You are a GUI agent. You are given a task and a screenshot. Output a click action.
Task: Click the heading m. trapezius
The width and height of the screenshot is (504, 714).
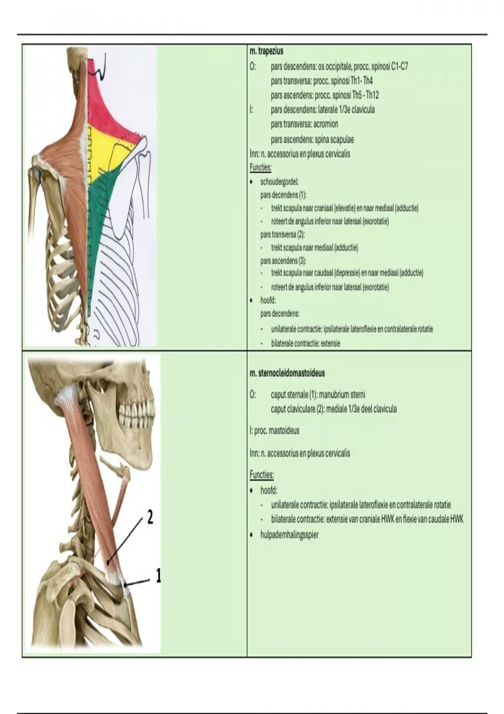266,51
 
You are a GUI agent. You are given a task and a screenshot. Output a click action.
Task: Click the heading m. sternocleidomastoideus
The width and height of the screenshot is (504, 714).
287,373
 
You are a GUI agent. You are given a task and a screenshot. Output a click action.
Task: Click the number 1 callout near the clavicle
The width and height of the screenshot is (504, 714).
157,576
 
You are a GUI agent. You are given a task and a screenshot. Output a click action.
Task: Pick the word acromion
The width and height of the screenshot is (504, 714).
325,124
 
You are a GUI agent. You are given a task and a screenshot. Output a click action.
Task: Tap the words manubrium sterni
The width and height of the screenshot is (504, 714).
342,395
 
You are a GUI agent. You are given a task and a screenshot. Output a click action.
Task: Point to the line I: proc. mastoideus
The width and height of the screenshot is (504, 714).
275,431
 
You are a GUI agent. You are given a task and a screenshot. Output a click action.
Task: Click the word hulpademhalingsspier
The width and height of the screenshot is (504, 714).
289,535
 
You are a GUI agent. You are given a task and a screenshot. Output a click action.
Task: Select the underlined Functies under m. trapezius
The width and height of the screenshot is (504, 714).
260,168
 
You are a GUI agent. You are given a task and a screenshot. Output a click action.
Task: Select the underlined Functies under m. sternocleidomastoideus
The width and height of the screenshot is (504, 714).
262,475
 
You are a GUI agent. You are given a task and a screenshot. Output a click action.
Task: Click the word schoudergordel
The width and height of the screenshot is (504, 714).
279,182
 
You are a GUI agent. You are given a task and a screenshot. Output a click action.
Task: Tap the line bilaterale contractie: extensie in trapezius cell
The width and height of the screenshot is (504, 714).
306,344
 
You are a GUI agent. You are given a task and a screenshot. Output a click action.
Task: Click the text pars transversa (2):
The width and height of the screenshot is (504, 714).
282,235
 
